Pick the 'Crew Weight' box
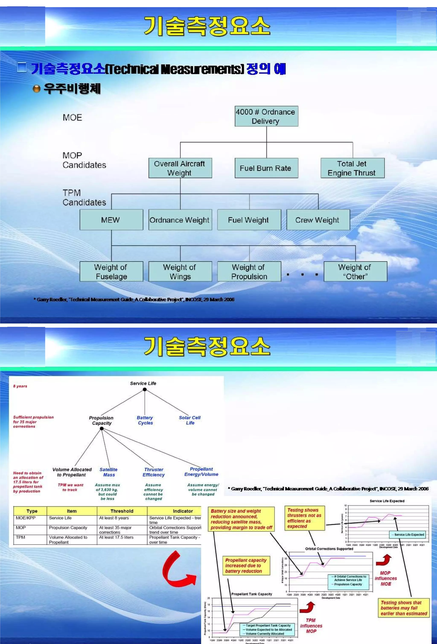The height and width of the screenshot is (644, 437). coord(318,220)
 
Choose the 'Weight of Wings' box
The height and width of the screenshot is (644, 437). coord(180,272)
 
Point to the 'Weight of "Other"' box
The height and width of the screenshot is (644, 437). coord(355,272)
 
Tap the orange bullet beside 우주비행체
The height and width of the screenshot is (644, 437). coord(36,89)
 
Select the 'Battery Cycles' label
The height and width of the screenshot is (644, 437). coord(145,420)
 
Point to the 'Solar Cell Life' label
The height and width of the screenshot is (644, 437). coord(190,420)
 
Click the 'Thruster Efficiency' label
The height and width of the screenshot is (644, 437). coord(154,472)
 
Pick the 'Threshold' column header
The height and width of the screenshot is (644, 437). coord(122,511)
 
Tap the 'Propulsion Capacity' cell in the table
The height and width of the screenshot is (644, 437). coord(68,528)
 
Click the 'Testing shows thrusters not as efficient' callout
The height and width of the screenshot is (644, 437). coord(304,518)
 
